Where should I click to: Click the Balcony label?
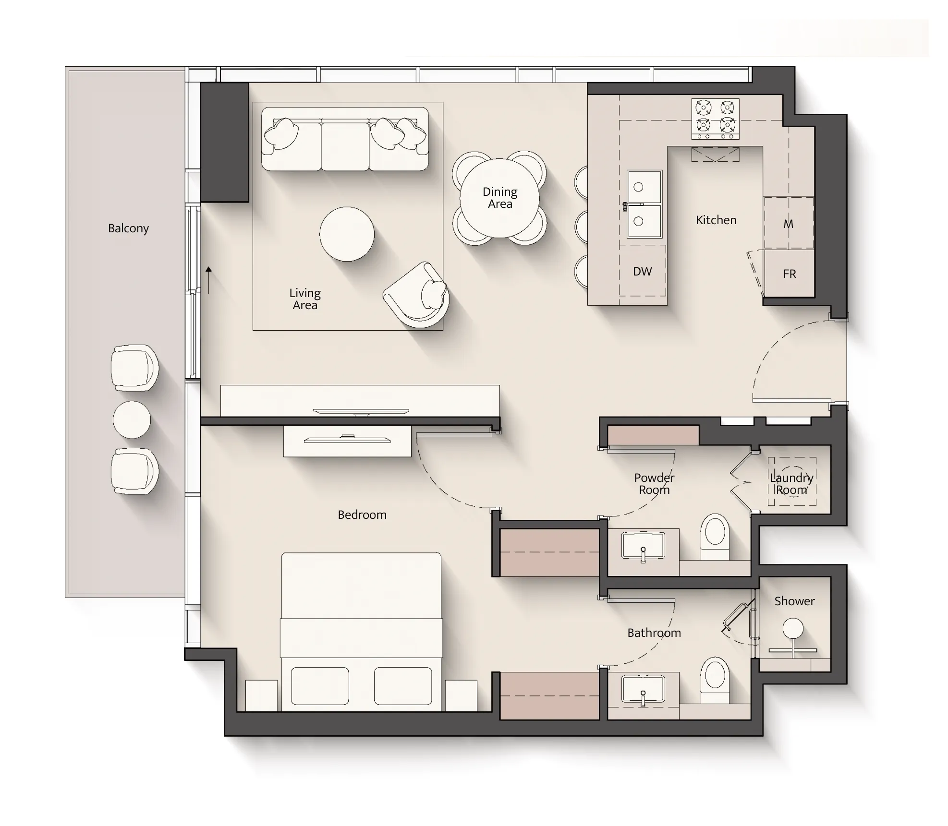(x=128, y=228)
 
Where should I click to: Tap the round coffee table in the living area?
(x=347, y=234)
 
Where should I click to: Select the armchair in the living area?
(x=417, y=295)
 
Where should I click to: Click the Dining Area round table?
(x=499, y=198)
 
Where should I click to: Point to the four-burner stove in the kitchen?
(x=715, y=119)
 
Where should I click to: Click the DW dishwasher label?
(x=642, y=272)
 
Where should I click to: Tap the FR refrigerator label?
(x=790, y=274)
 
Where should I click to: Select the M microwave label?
(x=788, y=224)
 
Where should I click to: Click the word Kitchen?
(x=716, y=220)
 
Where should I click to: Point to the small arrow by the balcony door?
(x=208, y=280)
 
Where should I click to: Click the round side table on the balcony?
(x=132, y=419)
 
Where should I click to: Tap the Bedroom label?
(x=362, y=515)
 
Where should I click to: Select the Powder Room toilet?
(x=715, y=537)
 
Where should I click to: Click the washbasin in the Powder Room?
(x=643, y=546)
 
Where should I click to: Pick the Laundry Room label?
(x=791, y=484)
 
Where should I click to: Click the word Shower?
(x=794, y=601)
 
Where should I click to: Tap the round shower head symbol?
(x=792, y=628)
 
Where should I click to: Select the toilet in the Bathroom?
(x=715, y=680)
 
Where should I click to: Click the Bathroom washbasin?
(x=643, y=690)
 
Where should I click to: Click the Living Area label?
(x=305, y=299)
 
